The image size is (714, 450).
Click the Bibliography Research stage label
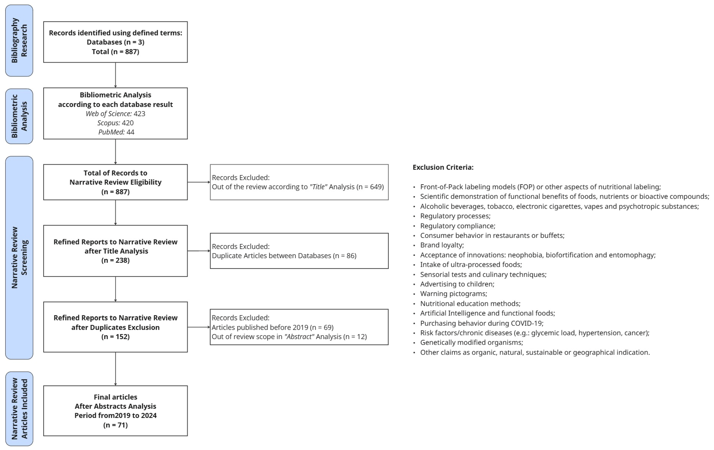click(x=19, y=41)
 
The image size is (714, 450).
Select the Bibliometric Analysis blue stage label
click(x=19, y=116)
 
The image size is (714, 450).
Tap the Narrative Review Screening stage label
click(x=19, y=258)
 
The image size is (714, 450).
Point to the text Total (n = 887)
click(x=115, y=52)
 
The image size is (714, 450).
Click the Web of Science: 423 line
click(x=115, y=114)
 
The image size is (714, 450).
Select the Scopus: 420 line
click(x=115, y=123)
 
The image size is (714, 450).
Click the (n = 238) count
click(x=115, y=260)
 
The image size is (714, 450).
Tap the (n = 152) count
click(x=115, y=336)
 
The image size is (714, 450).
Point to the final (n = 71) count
click(x=115, y=425)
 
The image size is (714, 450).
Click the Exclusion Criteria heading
click(x=443, y=167)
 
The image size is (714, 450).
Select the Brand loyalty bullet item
click(x=442, y=245)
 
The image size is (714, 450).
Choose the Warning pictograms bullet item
click(x=453, y=294)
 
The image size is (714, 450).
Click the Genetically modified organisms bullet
click(x=471, y=342)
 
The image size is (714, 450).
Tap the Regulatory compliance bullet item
click(x=457, y=226)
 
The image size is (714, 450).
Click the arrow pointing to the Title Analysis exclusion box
click(x=199, y=182)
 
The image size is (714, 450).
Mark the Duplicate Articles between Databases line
click(x=284, y=255)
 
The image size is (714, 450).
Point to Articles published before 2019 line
click(x=272, y=327)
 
